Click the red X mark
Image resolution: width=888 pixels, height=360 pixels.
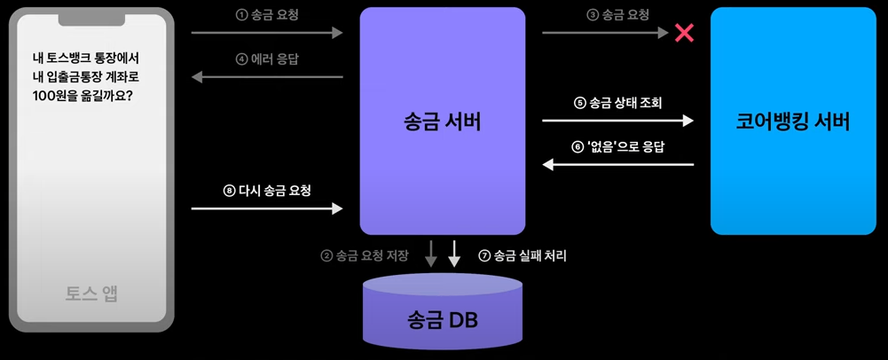[684, 34]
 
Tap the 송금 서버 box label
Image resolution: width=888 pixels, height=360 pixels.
[442, 122]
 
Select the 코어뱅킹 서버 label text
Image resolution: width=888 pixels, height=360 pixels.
[793, 122]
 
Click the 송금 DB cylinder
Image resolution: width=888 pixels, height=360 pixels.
[443, 315]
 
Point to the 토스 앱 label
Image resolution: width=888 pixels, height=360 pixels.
[91, 293]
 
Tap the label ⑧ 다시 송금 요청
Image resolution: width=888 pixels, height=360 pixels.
[267, 191]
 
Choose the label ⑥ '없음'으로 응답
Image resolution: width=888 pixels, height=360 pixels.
[618, 146]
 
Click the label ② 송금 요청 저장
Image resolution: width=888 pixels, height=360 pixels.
[365, 256]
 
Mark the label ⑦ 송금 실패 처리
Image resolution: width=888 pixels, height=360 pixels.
[522, 256]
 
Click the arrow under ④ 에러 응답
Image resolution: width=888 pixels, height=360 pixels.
[267, 77]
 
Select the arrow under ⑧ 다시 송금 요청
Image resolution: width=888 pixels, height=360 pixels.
[267, 209]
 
